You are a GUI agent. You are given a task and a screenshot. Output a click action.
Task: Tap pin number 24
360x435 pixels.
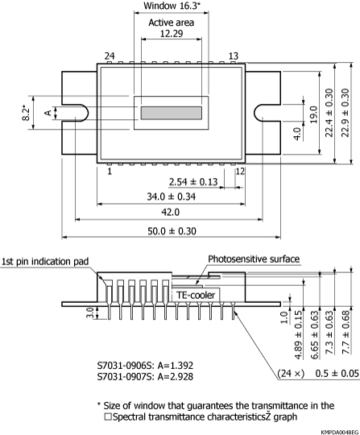pos(110,56)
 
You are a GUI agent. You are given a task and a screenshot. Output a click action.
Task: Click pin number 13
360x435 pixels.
pos(234,56)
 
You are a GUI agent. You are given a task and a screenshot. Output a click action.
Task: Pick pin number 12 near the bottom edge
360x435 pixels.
pos(240,172)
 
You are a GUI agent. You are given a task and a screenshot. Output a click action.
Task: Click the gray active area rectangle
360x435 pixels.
pos(172,114)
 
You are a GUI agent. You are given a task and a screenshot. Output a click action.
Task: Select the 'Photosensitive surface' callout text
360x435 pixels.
pos(254,259)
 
